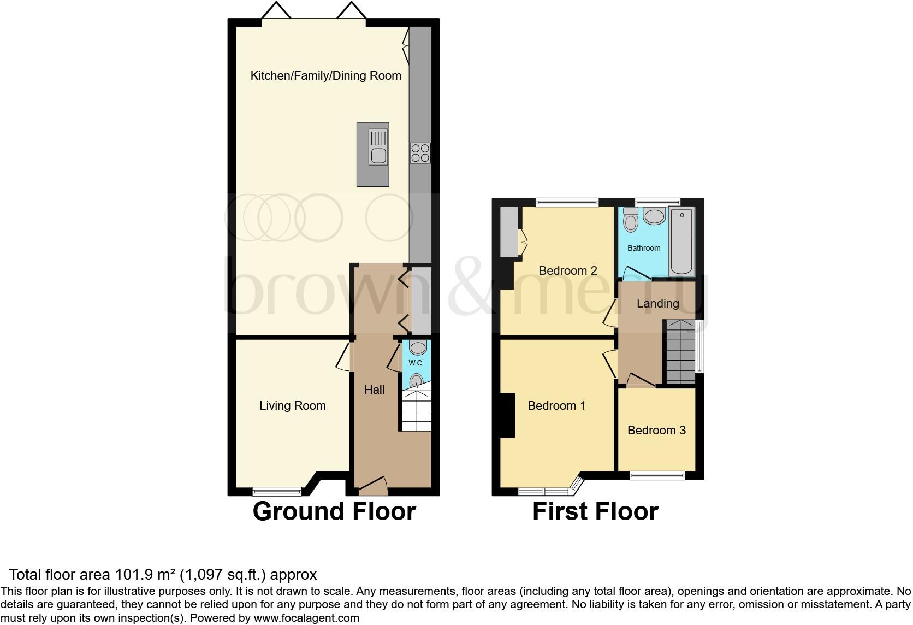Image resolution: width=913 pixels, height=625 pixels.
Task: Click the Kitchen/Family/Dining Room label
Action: pyautogui.click(x=325, y=76)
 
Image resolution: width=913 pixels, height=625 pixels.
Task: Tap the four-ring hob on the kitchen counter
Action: pyautogui.click(x=420, y=152)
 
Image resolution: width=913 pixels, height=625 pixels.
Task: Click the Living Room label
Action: pyautogui.click(x=292, y=406)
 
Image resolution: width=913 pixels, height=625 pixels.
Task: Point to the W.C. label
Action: pyautogui.click(x=416, y=363)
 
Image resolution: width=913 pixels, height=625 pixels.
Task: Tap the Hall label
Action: pyautogui.click(x=374, y=390)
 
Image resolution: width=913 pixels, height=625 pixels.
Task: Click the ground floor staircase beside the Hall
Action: pyautogui.click(x=416, y=411)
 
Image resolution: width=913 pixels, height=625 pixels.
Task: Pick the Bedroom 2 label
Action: pyautogui.click(x=567, y=271)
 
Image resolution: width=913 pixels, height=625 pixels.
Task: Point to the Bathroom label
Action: pyautogui.click(x=643, y=248)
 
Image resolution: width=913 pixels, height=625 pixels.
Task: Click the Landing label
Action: pyautogui.click(x=657, y=304)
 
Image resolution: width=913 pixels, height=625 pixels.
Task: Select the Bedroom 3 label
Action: pyautogui.click(x=656, y=431)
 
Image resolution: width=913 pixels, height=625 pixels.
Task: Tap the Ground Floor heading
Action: pyautogui.click(x=334, y=512)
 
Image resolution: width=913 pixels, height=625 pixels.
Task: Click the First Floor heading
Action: pyautogui.click(x=595, y=512)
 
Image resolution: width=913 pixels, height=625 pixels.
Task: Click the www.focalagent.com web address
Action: pyautogui.click(x=307, y=618)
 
